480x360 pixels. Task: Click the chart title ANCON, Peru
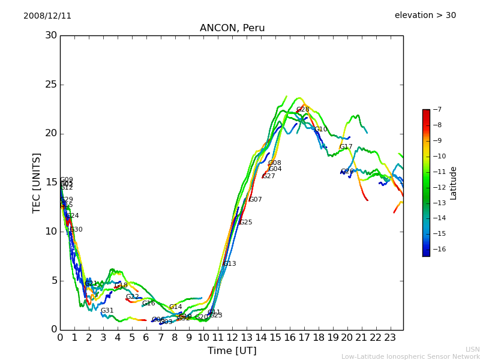[x=232, y=28]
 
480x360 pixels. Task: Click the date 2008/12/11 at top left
[x=47, y=16]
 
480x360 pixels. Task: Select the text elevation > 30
[x=425, y=16]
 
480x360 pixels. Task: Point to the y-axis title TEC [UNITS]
[x=37, y=182]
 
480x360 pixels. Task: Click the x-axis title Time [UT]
[x=232, y=350]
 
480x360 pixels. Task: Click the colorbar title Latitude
[x=454, y=183]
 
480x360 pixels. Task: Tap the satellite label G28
[x=302, y=110]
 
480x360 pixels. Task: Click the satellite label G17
[x=346, y=147]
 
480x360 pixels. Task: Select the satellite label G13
[x=229, y=264]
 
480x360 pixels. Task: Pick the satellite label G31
[x=107, y=311]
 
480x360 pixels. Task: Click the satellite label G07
[x=255, y=200]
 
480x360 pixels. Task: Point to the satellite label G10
[x=321, y=130]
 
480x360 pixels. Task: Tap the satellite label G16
[x=148, y=304]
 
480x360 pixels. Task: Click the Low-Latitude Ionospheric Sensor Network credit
[x=410, y=356]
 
